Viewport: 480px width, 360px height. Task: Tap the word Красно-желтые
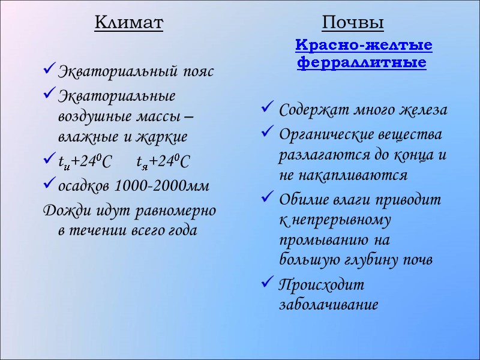click(364, 45)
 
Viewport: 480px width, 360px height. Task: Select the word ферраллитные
click(362, 62)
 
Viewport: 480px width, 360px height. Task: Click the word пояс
click(197, 72)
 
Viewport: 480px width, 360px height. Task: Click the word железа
click(422, 110)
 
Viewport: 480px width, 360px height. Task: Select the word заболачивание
click(329, 304)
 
